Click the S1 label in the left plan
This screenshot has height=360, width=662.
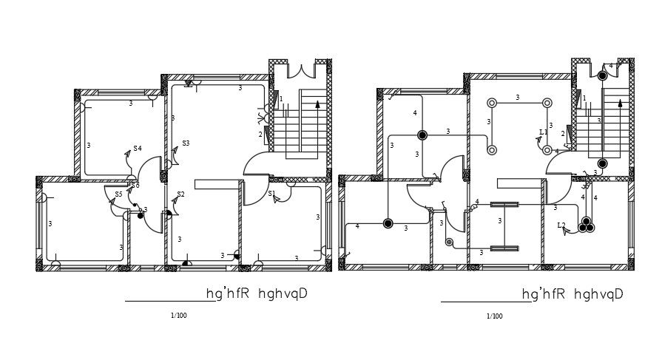(x=271, y=194)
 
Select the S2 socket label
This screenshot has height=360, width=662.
(x=180, y=194)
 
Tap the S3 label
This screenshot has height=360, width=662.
(x=186, y=143)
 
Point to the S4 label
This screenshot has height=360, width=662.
(x=138, y=149)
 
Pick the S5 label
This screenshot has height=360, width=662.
(x=118, y=194)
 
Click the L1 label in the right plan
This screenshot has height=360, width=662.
(x=544, y=132)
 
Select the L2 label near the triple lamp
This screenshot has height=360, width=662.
(x=561, y=225)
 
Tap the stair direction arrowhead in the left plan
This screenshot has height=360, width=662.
(x=317, y=104)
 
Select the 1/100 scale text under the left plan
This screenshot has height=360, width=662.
(x=178, y=316)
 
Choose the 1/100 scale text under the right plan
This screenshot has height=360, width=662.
(x=494, y=316)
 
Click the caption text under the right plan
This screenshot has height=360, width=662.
(x=572, y=294)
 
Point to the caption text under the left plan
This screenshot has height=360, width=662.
(x=257, y=294)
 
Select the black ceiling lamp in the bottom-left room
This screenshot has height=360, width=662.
(x=388, y=223)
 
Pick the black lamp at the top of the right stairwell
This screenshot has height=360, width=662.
(x=603, y=75)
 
